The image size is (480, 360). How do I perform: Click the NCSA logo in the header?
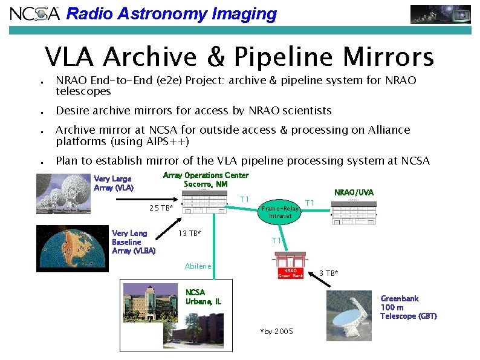click(x=34, y=13)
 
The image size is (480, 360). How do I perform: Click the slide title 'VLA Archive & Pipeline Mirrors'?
click(x=239, y=57)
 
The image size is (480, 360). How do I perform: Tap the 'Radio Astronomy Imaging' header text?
click(x=171, y=14)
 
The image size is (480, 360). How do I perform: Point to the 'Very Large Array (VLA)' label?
click(x=114, y=183)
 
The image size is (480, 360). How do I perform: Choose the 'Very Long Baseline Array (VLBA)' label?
click(x=134, y=242)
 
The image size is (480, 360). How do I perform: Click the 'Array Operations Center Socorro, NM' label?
click(x=206, y=180)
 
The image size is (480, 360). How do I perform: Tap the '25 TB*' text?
click(x=161, y=209)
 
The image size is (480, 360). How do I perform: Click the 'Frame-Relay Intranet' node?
click(x=276, y=211)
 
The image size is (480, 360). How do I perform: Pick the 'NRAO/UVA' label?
click(x=354, y=192)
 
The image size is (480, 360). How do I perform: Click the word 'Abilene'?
click(x=198, y=266)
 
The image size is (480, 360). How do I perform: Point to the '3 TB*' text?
click(x=328, y=273)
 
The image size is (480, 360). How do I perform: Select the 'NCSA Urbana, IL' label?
click(x=203, y=296)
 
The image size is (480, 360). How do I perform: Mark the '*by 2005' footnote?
click(x=276, y=332)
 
